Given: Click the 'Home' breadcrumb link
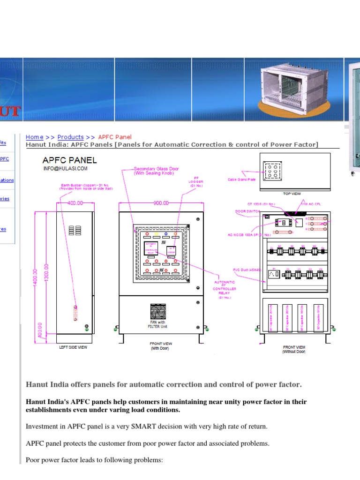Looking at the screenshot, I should point(34,137).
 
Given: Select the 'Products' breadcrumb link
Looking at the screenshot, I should point(70,137).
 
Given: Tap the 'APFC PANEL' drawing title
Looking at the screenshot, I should point(70,160).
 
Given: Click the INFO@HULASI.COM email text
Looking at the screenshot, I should point(65,168).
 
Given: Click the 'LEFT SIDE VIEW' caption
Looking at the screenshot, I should point(73,347).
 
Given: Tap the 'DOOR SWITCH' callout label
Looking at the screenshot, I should point(247,211).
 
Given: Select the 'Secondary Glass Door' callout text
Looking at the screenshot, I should point(156,171).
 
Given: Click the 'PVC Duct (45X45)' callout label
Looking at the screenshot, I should point(247,270).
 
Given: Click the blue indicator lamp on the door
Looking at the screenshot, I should point(166,233).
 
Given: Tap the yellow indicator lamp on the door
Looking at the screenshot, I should point(157,233).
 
